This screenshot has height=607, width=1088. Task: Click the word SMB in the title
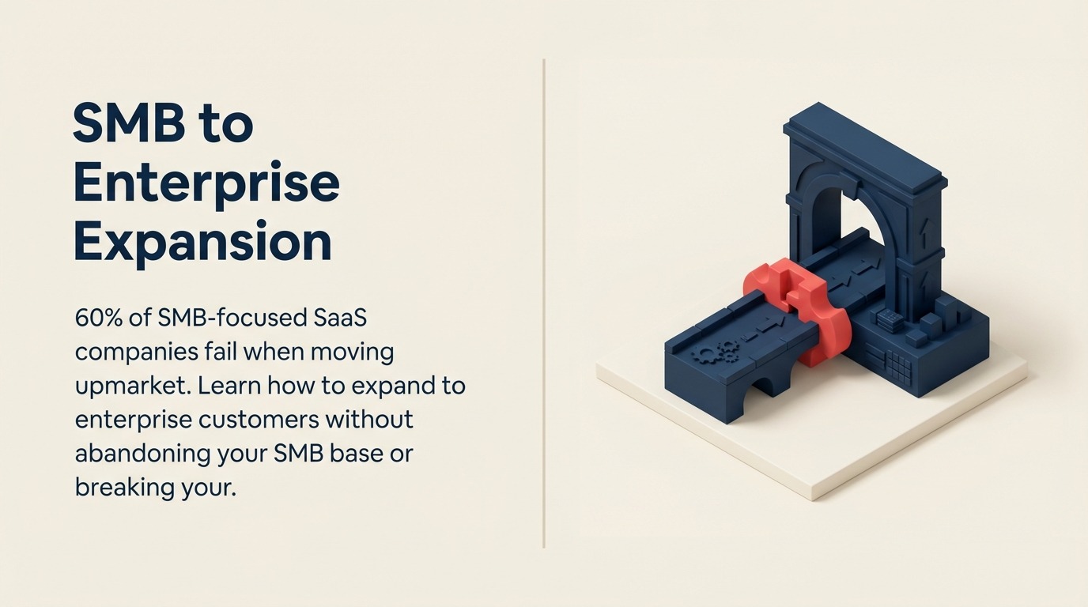click(129, 123)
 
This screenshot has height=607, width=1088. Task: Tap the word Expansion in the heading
click(203, 242)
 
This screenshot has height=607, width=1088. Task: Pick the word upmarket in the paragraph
click(133, 387)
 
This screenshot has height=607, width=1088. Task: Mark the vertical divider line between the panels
click(543, 303)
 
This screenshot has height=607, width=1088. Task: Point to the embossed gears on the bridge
click(713, 351)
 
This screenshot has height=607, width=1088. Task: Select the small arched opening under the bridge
click(762, 385)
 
